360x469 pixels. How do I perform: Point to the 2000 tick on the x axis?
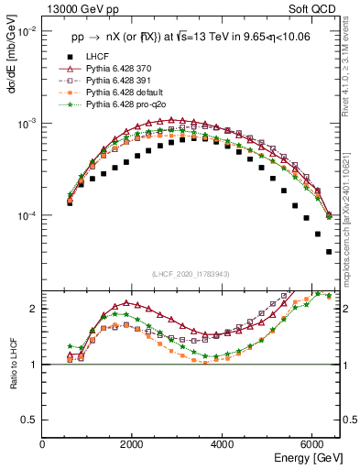[x=133, y=443]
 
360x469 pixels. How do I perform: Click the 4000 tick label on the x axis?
[x=223, y=443]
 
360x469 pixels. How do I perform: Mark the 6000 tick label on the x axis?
[x=312, y=443]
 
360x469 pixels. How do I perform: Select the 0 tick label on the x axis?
[x=43, y=443]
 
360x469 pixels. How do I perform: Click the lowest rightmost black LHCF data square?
[x=329, y=251]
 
